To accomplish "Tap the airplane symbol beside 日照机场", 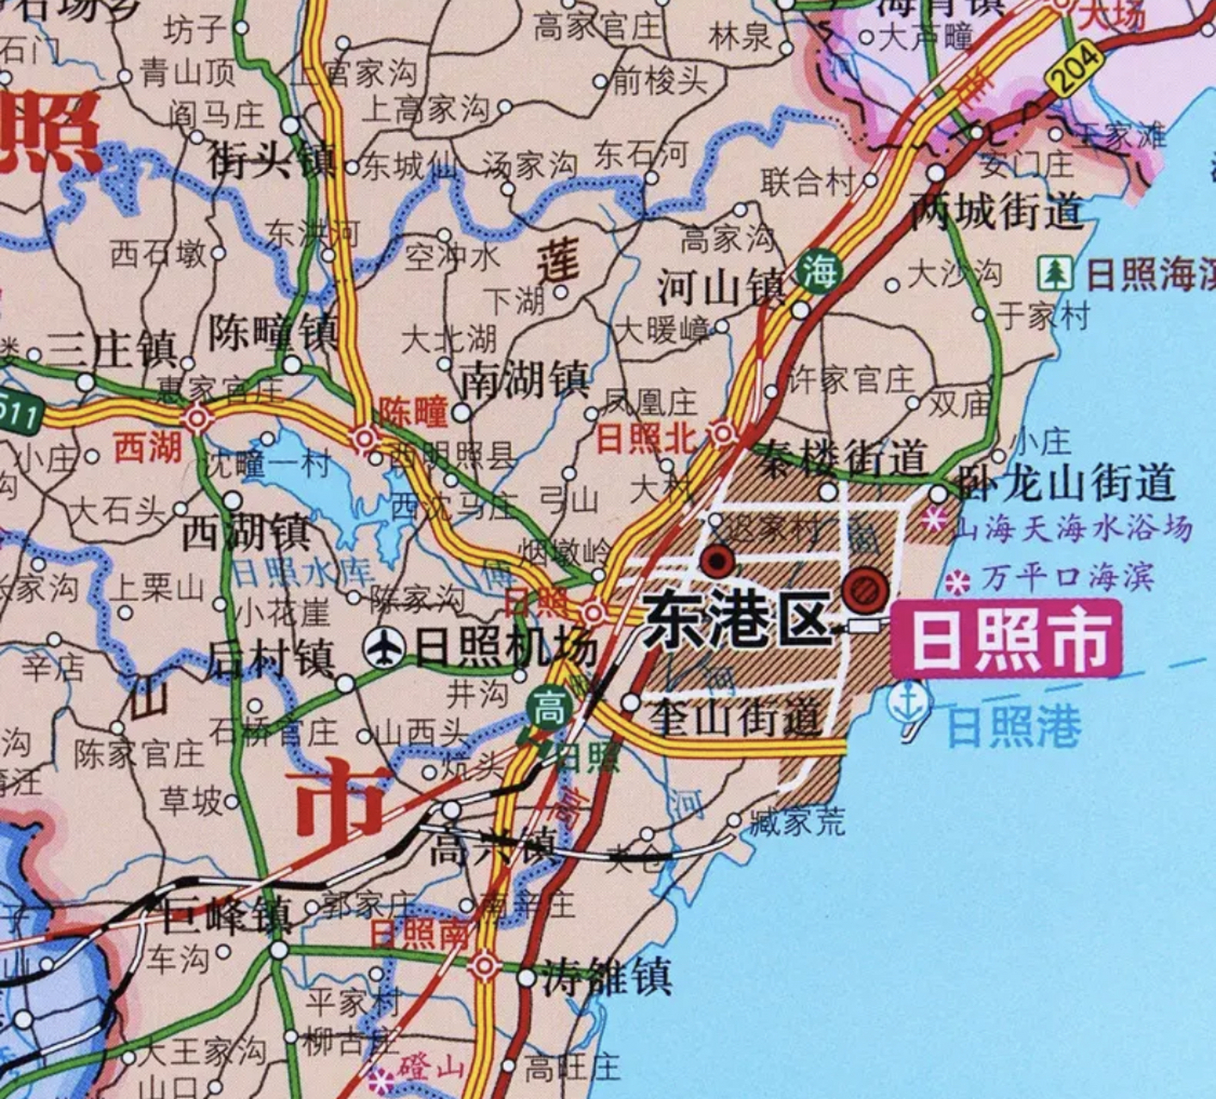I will [384, 647].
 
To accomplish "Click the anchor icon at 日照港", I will [909, 703].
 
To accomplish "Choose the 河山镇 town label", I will [721, 287].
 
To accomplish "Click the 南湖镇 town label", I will [525, 379].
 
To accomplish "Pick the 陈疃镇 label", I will [273, 332].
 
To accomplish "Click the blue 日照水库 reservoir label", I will [301, 572].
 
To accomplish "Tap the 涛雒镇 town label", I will [606, 978].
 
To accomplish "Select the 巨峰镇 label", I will [226, 915].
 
